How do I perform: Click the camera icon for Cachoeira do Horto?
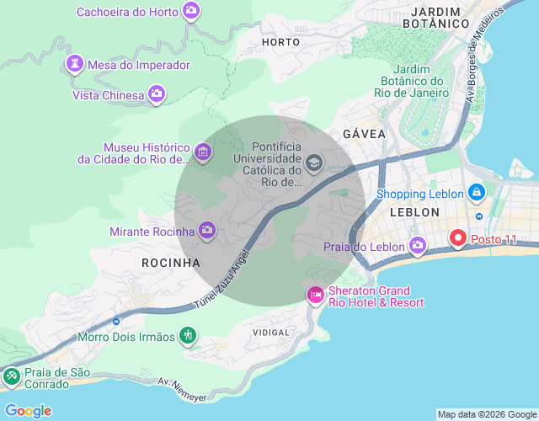[x=193, y=11]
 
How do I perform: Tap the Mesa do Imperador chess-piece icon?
[x=75, y=65]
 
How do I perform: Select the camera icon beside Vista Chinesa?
[x=156, y=94]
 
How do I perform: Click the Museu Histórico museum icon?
[x=202, y=152]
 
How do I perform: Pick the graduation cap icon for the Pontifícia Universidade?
[x=314, y=163]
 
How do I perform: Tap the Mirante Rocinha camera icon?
[x=207, y=230]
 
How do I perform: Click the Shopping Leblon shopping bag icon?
[x=477, y=193]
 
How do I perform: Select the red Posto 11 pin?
[x=459, y=238]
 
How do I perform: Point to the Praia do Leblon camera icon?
[x=418, y=246]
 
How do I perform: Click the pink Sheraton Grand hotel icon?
[x=315, y=295]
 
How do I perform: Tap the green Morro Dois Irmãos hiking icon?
[x=188, y=337]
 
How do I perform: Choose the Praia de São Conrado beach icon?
[x=12, y=377]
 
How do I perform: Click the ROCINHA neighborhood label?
[x=171, y=263]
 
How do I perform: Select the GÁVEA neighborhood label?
[x=364, y=134]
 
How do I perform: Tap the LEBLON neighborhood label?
[x=415, y=212]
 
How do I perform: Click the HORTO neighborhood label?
[x=280, y=41]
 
